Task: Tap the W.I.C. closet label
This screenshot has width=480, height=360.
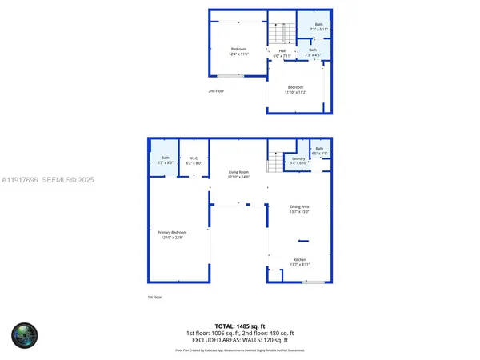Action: [x=194, y=160]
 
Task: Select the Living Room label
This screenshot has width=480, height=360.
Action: [x=239, y=174]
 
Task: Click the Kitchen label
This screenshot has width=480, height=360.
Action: [x=300, y=262]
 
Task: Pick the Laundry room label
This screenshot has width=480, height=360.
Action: [x=300, y=160]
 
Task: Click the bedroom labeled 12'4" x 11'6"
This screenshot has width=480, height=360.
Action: [x=238, y=51]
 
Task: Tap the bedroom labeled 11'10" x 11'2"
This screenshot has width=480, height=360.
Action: [x=295, y=90]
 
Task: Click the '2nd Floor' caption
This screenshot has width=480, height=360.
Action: [x=215, y=90]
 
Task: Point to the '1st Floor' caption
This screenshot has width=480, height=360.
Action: [x=154, y=298]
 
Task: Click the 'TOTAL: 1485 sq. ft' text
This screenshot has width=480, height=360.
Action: [x=240, y=326]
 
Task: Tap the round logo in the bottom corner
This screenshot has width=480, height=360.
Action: [x=24, y=334]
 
